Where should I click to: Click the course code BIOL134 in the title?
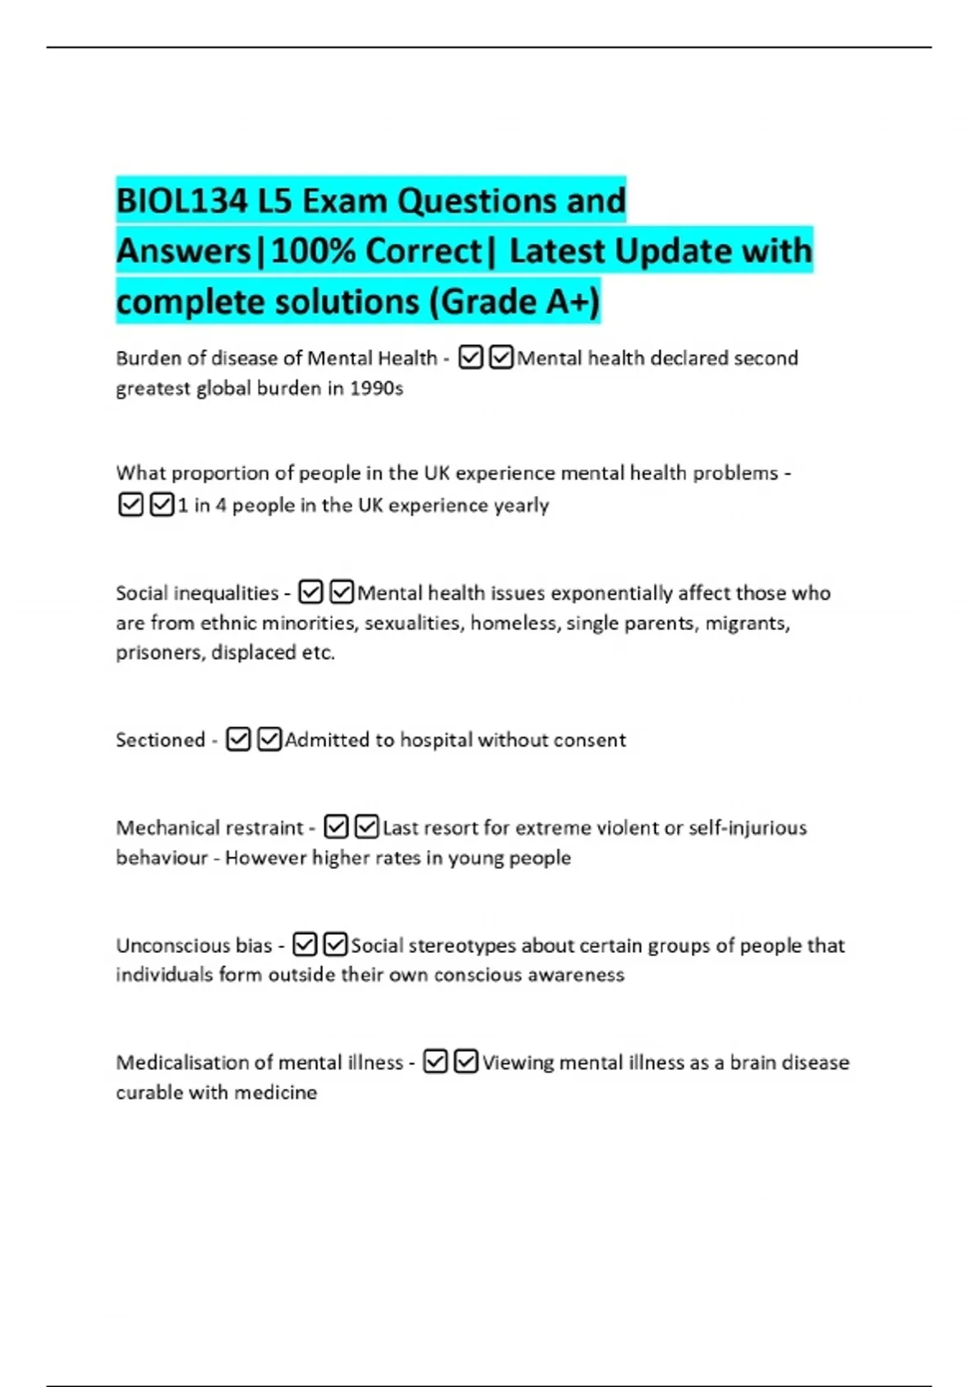point(182,201)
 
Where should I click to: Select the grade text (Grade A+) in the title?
point(515,302)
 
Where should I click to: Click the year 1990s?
point(376,388)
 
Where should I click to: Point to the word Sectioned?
point(160,740)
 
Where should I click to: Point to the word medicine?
point(275,1092)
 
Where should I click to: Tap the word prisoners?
point(160,653)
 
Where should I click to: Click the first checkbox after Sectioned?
point(238,739)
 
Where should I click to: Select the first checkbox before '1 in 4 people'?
point(131,505)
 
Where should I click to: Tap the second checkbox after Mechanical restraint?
point(368,827)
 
